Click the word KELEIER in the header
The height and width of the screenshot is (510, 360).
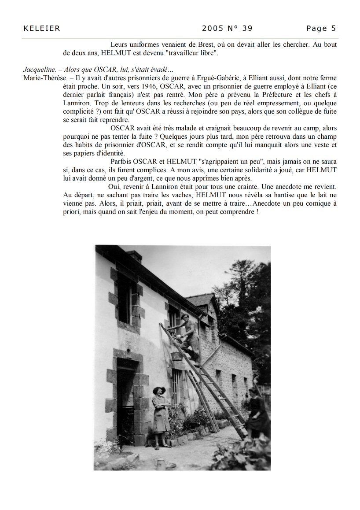tap(41, 29)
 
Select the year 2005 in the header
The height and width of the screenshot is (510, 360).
tap(213, 29)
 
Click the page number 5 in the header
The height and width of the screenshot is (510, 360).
tap(334, 29)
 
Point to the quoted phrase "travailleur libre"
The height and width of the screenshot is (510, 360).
tap(193, 53)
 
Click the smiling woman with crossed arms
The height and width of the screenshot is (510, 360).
tap(160, 416)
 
